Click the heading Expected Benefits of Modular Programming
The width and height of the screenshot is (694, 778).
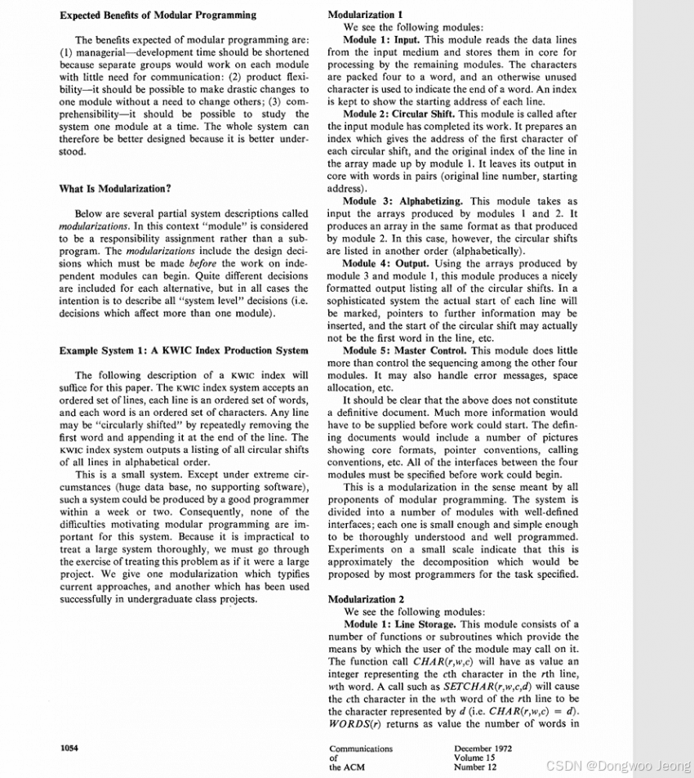(158, 15)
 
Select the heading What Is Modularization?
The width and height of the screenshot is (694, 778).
(115, 189)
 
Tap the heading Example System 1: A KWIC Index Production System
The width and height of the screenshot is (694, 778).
(184, 351)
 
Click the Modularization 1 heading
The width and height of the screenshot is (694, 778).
(365, 15)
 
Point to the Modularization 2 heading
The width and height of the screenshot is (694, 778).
(366, 599)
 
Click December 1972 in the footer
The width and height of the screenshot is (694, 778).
(484, 748)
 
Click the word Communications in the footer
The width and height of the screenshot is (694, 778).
(361, 748)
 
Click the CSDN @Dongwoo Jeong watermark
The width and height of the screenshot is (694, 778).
(617, 765)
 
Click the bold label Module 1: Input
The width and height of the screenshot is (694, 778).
(380, 39)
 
